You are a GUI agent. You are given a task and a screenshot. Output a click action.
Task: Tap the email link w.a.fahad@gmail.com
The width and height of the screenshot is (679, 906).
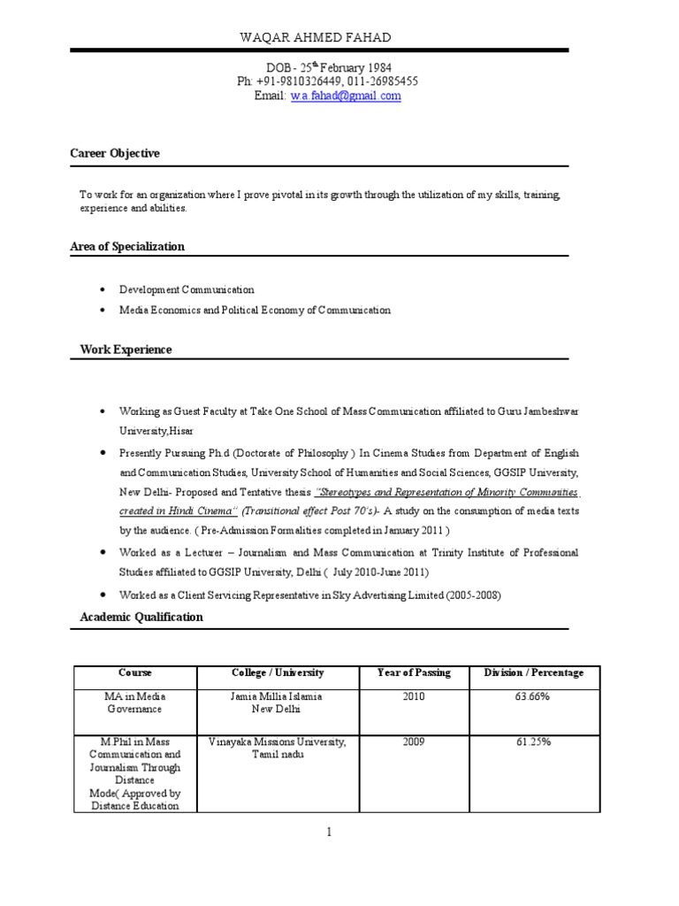point(346,96)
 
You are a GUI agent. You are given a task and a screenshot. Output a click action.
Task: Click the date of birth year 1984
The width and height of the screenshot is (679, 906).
point(374,67)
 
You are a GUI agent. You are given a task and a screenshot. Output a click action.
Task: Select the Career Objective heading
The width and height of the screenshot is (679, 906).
point(115,153)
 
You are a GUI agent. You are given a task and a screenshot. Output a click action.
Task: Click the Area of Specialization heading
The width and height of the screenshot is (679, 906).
point(127,246)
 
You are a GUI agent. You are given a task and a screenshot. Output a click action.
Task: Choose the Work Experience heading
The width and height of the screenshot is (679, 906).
point(126,349)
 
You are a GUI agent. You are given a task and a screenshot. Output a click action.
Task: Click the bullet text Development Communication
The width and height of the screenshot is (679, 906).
point(187,289)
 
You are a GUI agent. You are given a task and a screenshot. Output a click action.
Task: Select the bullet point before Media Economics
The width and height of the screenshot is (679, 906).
point(103,311)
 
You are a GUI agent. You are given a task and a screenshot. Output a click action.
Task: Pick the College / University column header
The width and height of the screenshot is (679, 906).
point(278,672)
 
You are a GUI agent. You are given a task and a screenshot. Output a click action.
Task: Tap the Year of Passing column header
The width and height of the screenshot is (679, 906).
point(414,672)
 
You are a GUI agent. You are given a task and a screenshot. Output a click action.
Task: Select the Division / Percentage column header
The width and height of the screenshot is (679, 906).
point(534,672)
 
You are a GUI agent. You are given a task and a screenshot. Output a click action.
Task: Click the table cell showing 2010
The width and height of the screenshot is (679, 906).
point(414,696)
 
